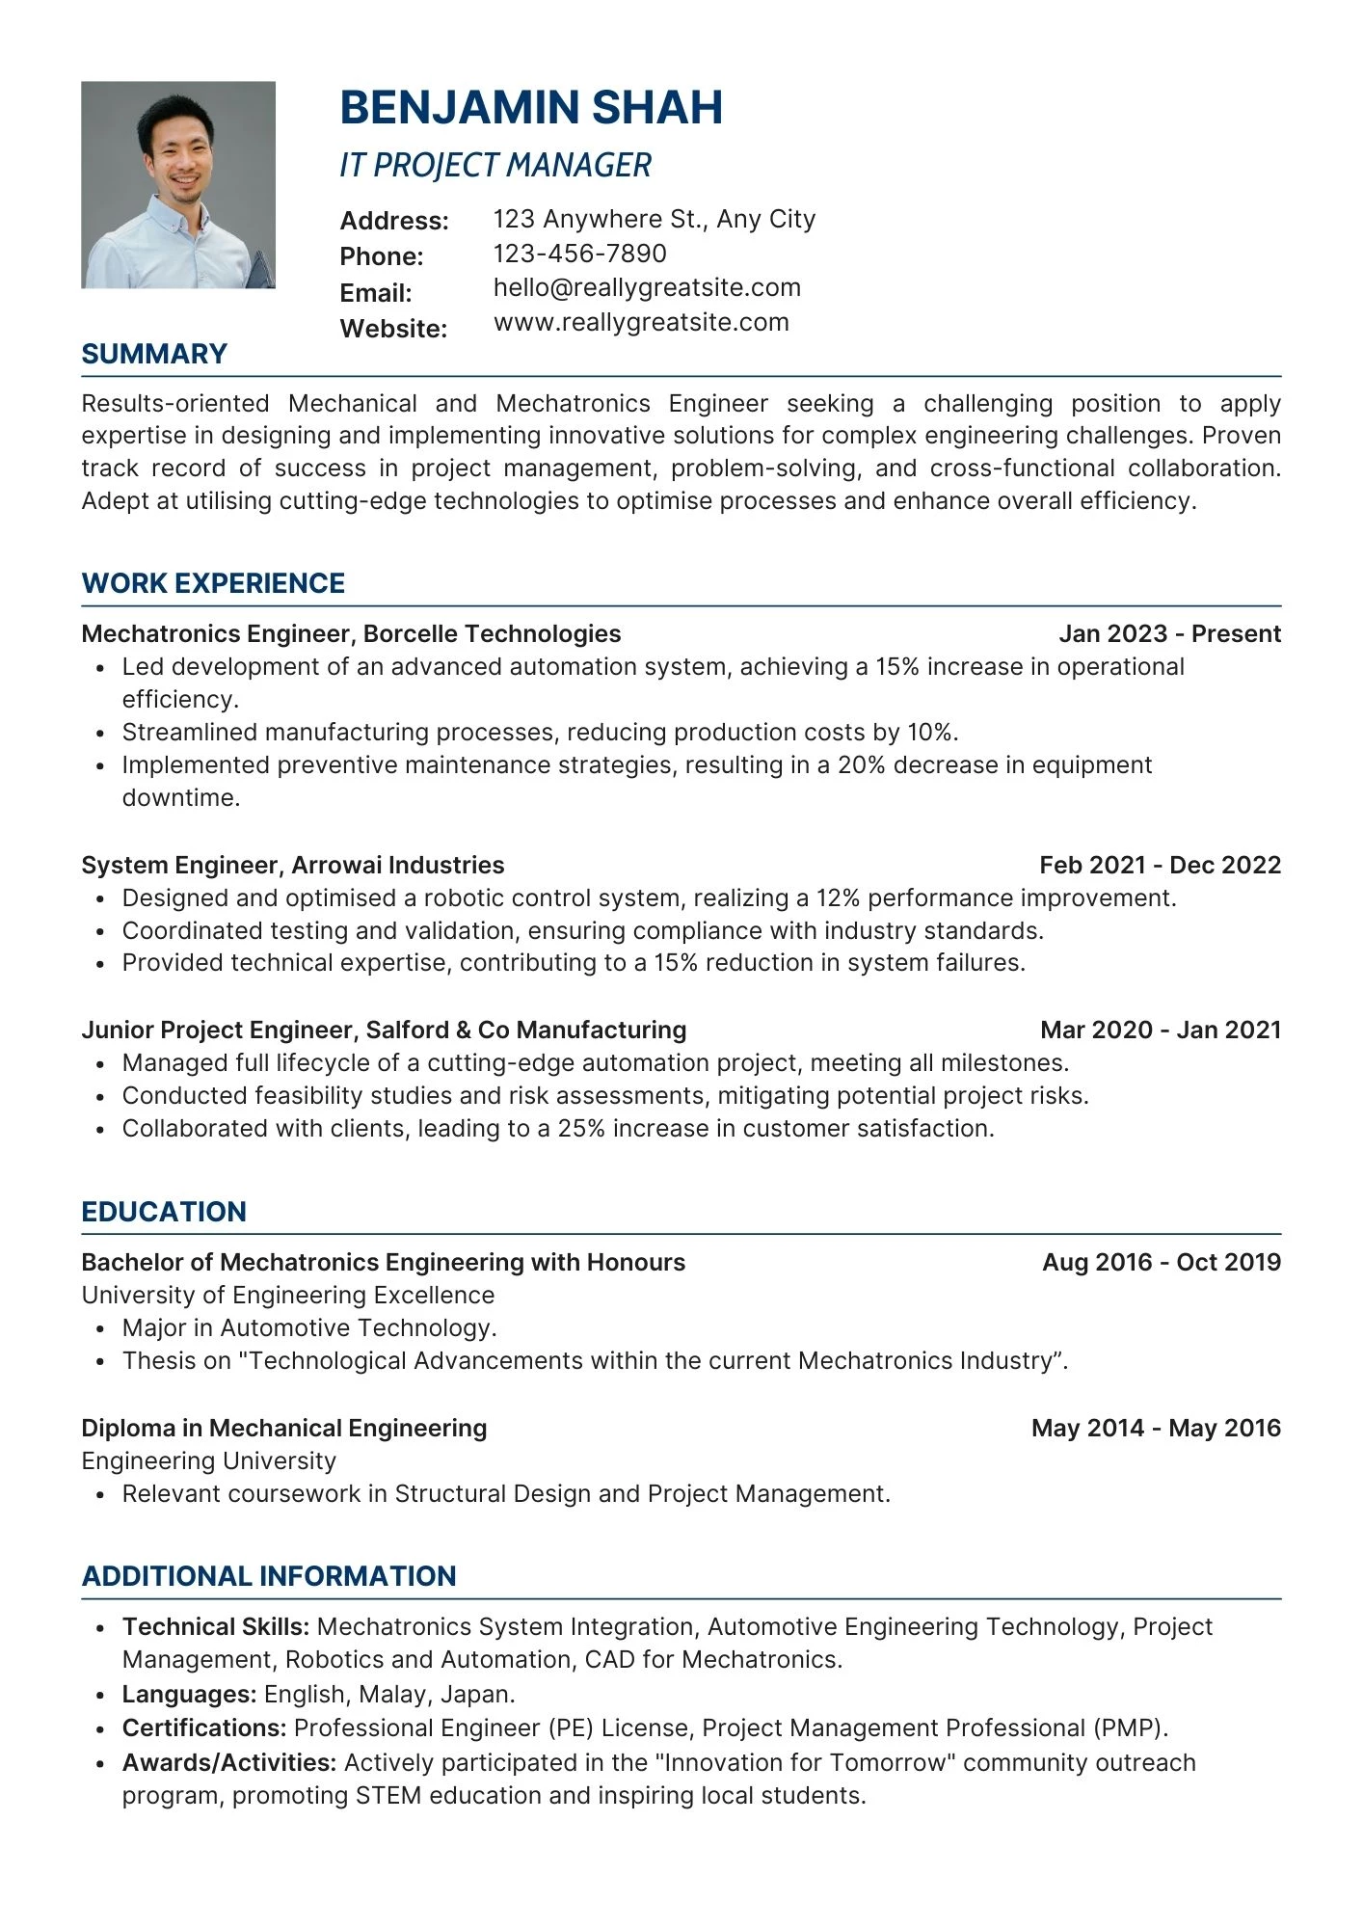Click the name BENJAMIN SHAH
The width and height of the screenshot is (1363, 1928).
click(x=531, y=107)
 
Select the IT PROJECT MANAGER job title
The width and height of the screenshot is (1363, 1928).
click(x=495, y=166)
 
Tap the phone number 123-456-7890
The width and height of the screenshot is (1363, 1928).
click(x=579, y=254)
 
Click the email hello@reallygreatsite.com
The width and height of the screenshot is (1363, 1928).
click(x=647, y=287)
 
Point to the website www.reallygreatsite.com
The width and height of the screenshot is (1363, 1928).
click(x=641, y=322)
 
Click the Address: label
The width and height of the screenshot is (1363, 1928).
click(x=394, y=221)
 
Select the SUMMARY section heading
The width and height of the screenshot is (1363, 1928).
click(x=154, y=354)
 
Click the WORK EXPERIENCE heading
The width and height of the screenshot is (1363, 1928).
click(x=213, y=583)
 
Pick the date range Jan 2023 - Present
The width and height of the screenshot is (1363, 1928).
click(x=1169, y=633)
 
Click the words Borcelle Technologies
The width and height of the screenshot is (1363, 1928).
click(x=492, y=633)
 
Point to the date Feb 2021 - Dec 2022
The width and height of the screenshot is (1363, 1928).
click(x=1160, y=865)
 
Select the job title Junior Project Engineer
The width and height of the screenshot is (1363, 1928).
click(x=218, y=1030)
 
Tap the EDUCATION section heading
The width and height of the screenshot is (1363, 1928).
click(x=164, y=1212)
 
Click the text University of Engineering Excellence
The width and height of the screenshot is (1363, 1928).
click(x=287, y=1295)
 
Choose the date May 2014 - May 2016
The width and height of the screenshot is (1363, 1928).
click(x=1156, y=1428)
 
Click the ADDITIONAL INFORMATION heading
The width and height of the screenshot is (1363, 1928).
click(x=269, y=1576)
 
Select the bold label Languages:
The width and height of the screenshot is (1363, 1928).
click(x=189, y=1694)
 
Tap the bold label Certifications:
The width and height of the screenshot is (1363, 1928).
click(x=204, y=1727)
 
